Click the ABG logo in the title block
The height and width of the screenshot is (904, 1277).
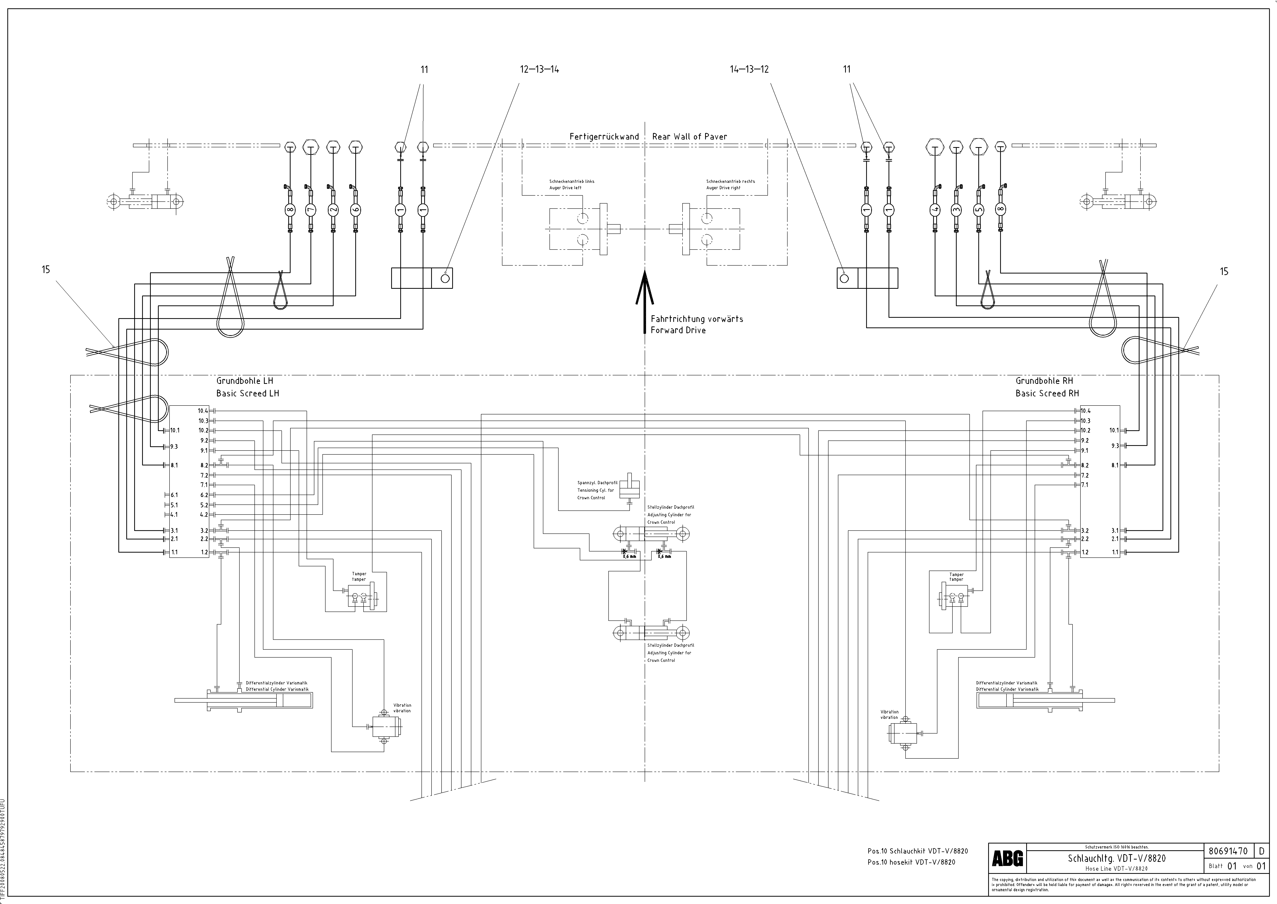[1007, 859]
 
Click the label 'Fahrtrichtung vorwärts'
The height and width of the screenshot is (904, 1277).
[696, 319]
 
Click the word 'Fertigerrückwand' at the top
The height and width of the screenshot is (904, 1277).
[604, 136]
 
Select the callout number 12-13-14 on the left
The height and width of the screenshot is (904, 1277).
[539, 70]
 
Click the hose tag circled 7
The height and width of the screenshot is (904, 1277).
[310, 210]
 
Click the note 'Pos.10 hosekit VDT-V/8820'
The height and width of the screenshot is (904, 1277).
[911, 862]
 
